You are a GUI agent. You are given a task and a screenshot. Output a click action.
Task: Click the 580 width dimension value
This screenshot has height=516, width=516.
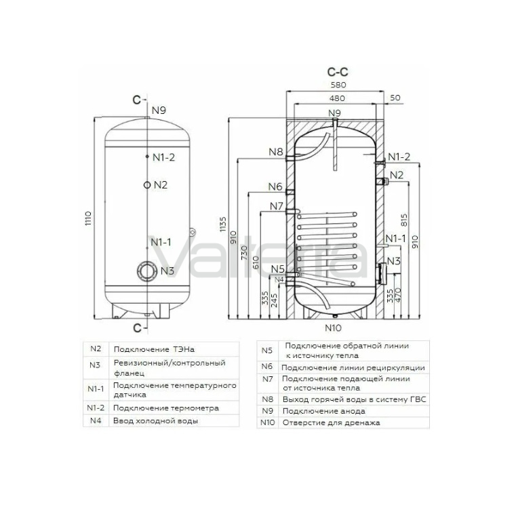pyautogui.click(x=338, y=85)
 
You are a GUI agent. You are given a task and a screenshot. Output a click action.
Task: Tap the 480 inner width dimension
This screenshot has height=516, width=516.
pyautogui.click(x=337, y=98)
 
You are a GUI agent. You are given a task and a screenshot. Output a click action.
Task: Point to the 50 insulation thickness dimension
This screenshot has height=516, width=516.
pyautogui.click(x=395, y=98)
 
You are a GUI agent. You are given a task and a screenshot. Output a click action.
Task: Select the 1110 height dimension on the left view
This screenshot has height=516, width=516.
pyautogui.click(x=88, y=218)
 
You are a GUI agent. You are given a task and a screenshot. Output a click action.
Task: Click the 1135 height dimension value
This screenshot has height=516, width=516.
pyautogui.click(x=223, y=224)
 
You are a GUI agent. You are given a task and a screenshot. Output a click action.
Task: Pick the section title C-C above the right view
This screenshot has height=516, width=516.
pyautogui.click(x=338, y=72)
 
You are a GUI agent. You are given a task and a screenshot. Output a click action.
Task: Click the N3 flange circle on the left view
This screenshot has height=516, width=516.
pyautogui.click(x=146, y=271)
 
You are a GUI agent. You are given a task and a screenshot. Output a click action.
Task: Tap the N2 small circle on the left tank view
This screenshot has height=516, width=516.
pyautogui.click(x=146, y=185)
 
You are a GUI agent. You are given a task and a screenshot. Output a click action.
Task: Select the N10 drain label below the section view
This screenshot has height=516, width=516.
pyautogui.click(x=333, y=328)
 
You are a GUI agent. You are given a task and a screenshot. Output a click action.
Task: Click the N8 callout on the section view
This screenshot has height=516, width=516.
pyautogui.click(x=275, y=152)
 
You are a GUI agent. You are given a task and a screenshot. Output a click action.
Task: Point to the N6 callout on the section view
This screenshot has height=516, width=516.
pyautogui.click(x=275, y=186)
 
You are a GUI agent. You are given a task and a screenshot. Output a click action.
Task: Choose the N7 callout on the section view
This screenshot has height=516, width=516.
pyautogui.click(x=277, y=206)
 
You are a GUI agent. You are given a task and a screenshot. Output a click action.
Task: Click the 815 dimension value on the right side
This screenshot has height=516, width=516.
pyautogui.click(x=404, y=220)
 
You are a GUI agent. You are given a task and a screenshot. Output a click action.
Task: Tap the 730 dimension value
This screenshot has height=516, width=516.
pyautogui.click(x=244, y=252)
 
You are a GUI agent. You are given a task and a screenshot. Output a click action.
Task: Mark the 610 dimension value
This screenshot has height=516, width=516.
pyautogui.click(x=256, y=262)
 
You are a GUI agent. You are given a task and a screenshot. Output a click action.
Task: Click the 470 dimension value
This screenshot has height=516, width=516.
pyautogui.click(x=398, y=295)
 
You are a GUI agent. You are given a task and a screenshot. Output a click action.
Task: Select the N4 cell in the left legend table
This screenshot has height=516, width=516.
pyautogui.click(x=96, y=420)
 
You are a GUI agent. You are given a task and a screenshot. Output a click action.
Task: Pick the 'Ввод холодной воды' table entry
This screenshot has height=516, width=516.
pyautogui.click(x=155, y=421)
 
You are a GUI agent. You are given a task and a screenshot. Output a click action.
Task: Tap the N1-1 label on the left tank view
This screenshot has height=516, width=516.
pyautogui.click(x=161, y=242)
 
